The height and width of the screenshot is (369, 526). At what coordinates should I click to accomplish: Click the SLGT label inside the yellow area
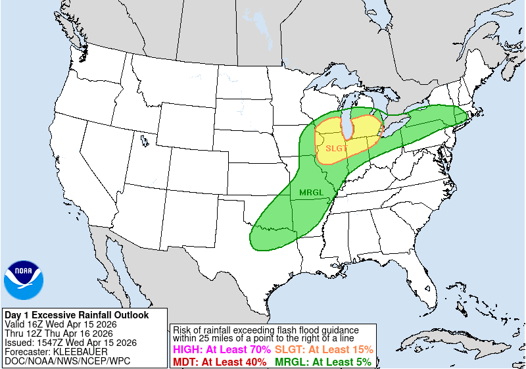click(337, 148)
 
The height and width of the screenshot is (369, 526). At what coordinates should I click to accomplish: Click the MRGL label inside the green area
click(312, 192)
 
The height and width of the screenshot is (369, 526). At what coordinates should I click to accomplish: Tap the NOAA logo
click(24, 280)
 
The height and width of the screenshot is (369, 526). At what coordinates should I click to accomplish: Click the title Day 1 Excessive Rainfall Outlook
click(76, 315)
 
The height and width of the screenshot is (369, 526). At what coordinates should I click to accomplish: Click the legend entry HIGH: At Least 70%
click(221, 349)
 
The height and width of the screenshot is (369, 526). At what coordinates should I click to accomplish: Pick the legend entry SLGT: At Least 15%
click(323, 349)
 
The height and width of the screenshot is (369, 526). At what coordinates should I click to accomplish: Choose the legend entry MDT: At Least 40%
click(219, 361)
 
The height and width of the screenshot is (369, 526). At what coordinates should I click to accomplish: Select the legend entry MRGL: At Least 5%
click(322, 361)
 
